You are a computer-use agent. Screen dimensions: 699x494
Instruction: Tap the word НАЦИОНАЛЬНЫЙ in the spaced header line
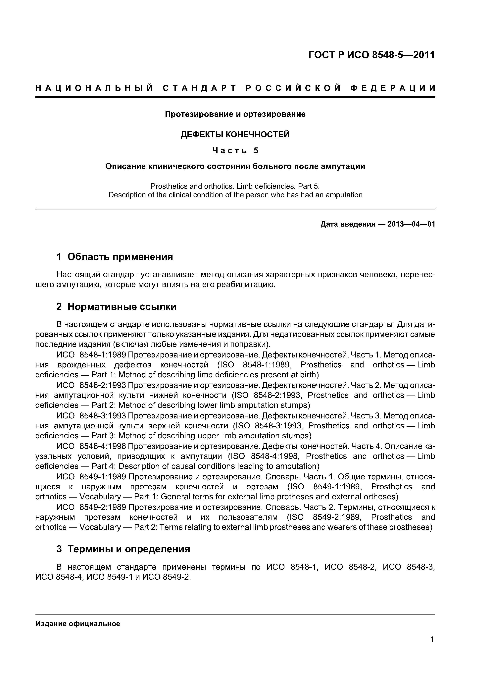(x=94, y=88)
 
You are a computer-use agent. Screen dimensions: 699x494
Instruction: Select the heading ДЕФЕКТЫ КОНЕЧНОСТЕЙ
(x=235, y=134)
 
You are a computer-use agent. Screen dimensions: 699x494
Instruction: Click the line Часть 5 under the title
(x=235, y=150)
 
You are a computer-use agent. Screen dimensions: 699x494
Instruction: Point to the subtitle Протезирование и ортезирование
(x=235, y=114)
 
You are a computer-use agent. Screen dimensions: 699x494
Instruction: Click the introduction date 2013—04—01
(x=411, y=224)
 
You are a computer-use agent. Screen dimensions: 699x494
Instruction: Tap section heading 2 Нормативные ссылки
(x=116, y=307)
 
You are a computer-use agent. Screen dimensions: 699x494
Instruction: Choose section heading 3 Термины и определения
(x=123, y=549)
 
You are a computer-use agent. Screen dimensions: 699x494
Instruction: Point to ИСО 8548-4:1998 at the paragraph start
(x=91, y=446)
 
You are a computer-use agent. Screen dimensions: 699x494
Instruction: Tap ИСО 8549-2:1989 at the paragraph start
(x=91, y=507)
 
